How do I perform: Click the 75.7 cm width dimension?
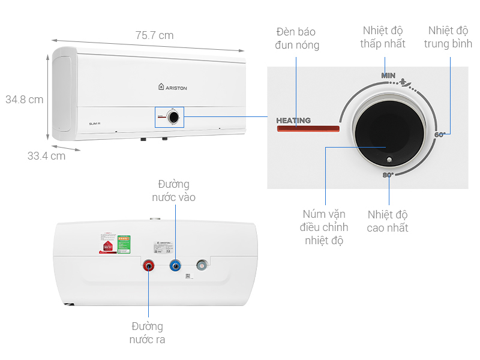pos(154,35)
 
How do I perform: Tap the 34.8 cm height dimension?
pos(25,99)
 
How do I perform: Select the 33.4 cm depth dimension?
pos(46,156)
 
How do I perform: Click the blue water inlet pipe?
pos(175,265)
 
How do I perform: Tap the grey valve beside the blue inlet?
pos(202,265)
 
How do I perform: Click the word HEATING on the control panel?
pos(293,121)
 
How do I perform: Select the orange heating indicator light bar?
pos(307,129)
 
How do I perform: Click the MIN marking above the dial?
pos(389,76)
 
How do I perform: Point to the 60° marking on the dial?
pos(440,135)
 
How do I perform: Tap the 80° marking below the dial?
pos(388,175)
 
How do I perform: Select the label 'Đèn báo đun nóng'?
pos(296,38)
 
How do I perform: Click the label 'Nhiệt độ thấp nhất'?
pos(383,37)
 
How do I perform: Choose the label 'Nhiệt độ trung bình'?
pos(448,37)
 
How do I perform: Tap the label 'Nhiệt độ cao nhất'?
pos(388,221)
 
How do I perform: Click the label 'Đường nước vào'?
pos(173,190)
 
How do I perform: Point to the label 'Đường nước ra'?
pos(148,333)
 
